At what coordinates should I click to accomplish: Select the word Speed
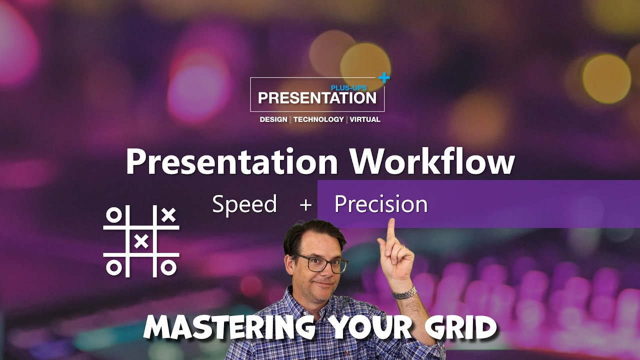(244, 204)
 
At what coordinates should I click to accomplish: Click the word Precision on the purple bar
(381, 204)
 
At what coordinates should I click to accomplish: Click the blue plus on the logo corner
(383, 77)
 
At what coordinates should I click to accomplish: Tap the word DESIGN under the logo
(273, 119)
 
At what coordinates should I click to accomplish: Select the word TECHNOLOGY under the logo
(318, 119)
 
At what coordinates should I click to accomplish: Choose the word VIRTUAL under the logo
(365, 119)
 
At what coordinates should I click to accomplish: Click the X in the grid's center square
(142, 241)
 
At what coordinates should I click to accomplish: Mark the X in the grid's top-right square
(169, 215)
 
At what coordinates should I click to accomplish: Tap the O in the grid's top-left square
(114, 215)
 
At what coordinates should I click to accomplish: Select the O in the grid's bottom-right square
(169, 268)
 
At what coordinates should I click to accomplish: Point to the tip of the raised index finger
(390, 222)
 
